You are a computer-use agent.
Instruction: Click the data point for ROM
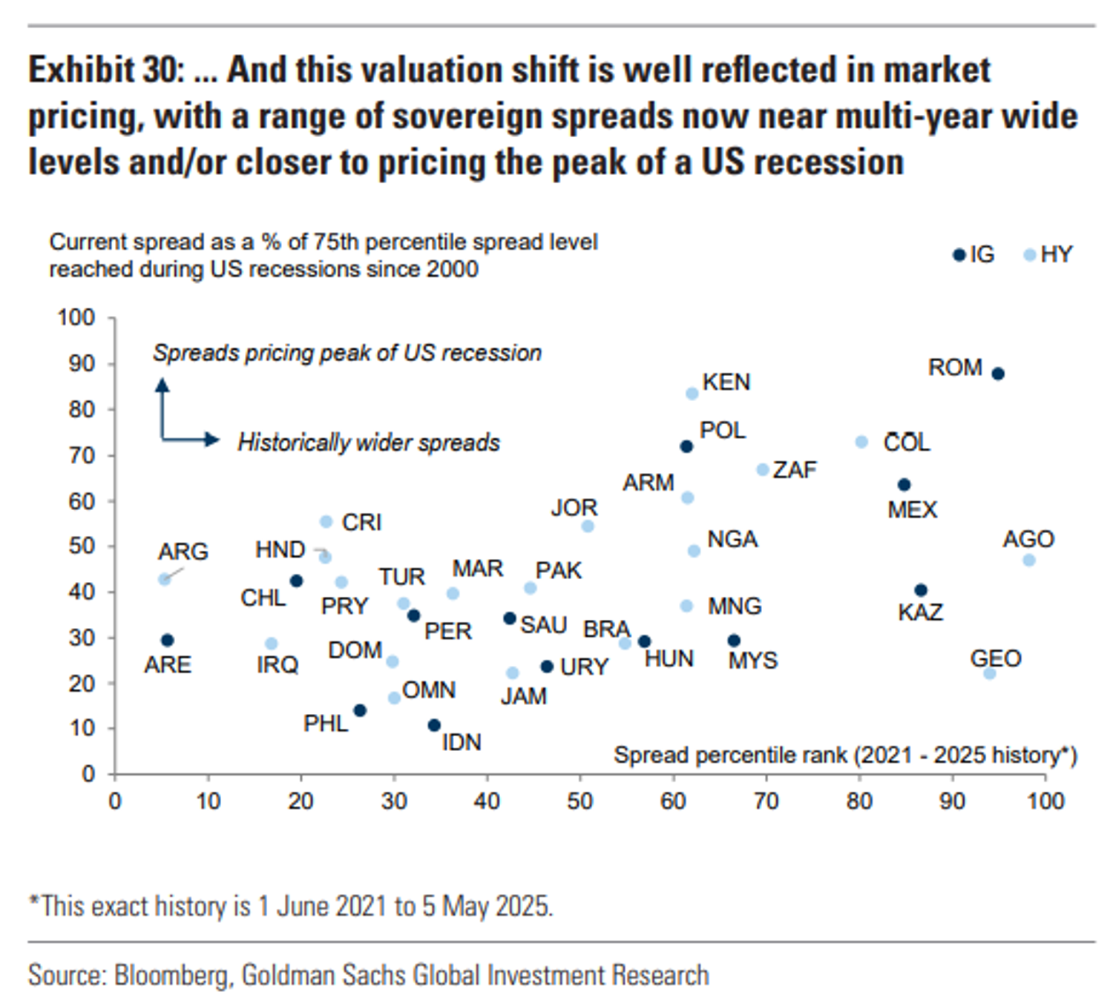(x=998, y=374)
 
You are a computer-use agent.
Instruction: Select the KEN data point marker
(x=692, y=394)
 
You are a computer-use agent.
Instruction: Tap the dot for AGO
(x=1029, y=561)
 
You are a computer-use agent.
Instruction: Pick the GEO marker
(x=990, y=673)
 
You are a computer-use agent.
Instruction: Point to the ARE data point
(x=168, y=640)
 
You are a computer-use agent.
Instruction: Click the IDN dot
(x=435, y=725)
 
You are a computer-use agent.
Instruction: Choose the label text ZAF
(x=794, y=470)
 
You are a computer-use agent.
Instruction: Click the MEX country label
(x=913, y=510)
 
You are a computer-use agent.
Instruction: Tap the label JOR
(x=574, y=508)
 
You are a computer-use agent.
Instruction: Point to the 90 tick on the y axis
(x=82, y=364)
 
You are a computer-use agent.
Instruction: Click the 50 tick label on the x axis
(x=580, y=801)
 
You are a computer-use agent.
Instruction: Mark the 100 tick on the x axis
(x=1045, y=801)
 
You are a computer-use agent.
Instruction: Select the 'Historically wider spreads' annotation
(x=369, y=443)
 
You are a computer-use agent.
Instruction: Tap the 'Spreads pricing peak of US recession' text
(x=347, y=353)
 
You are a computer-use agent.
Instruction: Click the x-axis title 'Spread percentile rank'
(x=730, y=756)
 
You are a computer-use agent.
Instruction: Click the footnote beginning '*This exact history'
(x=291, y=906)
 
